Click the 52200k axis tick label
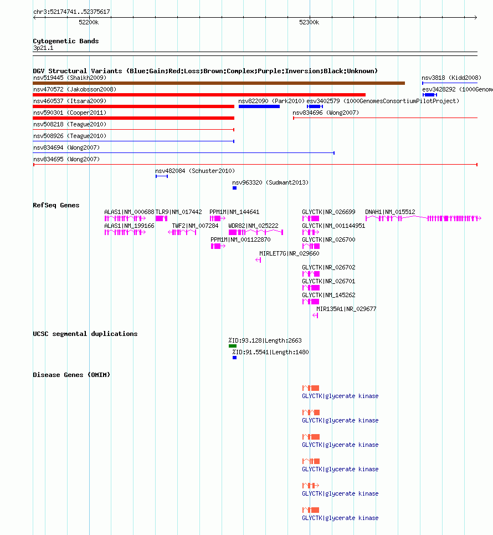pyautogui.click(x=89, y=23)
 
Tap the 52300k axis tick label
pyautogui.click(x=309, y=23)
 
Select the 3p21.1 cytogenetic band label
pyautogui.click(x=43, y=48)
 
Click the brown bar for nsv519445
pyautogui.click(x=219, y=83)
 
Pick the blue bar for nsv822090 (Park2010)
pyautogui.click(x=259, y=106)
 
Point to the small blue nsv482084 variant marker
pyautogui.click(x=162, y=176)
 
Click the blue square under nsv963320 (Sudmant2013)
pyautogui.click(x=234, y=188)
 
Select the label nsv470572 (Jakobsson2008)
pyautogui.click(x=75, y=89)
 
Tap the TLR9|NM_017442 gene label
pyautogui.click(x=179, y=212)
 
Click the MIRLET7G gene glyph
pyautogui.click(x=258, y=260)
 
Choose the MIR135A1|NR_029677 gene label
pyautogui.click(x=346, y=309)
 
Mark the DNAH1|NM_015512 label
pyautogui.click(x=390, y=212)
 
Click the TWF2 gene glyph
pyautogui.click(x=182, y=232)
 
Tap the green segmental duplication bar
pyautogui.click(x=233, y=346)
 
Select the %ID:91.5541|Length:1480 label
pyautogui.click(x=271, y=352)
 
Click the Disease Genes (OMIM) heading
pyautogui.click(x=71, y=375)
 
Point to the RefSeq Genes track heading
pyautogui.click(x=56, y=205)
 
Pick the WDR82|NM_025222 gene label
pyautogui.click(x=253, y=226)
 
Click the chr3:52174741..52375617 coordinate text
pyautogui.click(x=71, y=12)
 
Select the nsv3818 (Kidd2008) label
pyautogui.click(x=451, y=78)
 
